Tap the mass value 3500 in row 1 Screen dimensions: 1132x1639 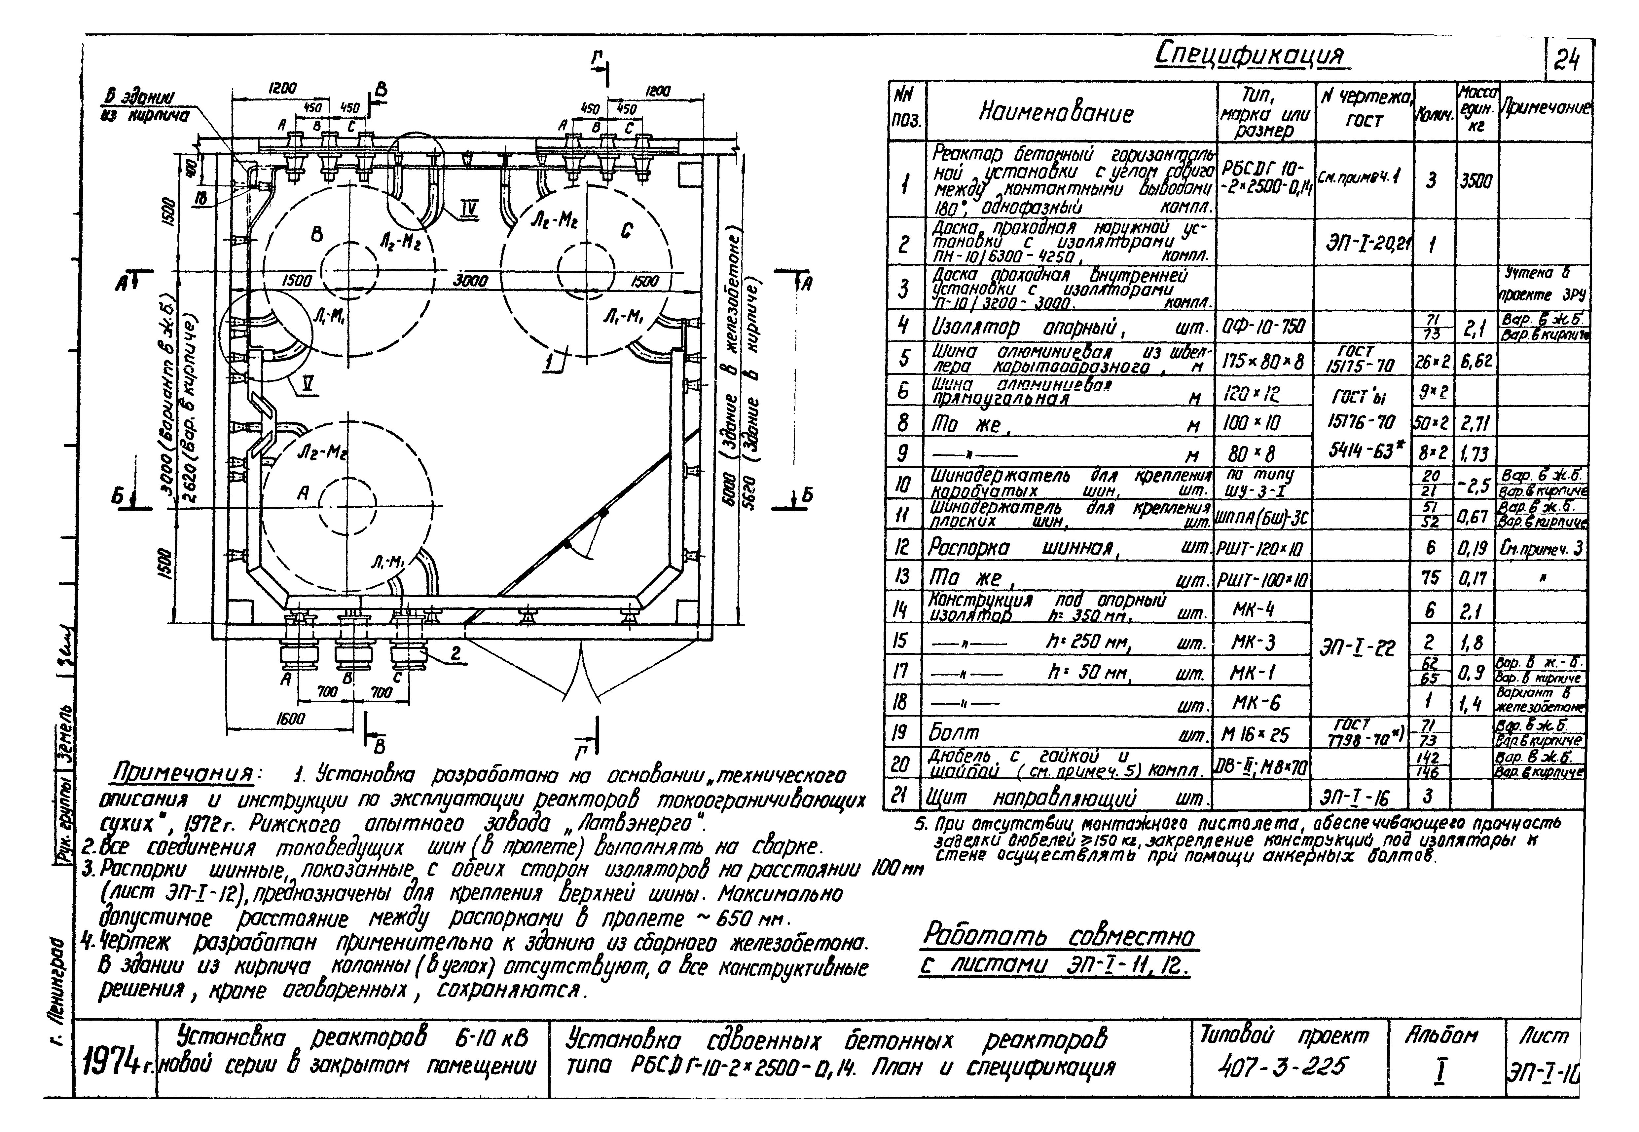1476,181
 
